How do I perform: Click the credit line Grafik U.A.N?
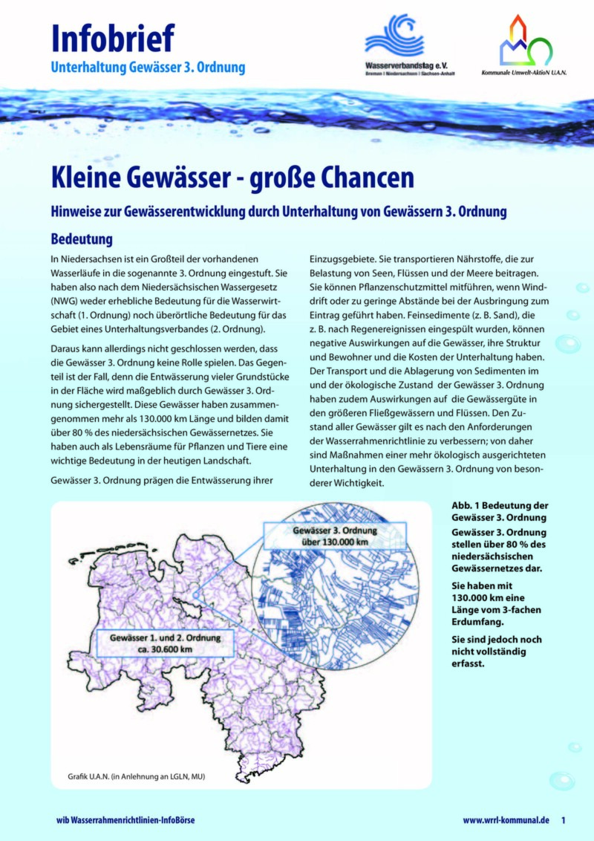131,777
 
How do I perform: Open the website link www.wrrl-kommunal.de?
506,820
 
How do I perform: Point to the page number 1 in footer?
564,820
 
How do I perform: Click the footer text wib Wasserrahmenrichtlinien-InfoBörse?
125,820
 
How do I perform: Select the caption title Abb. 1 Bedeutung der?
500,506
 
